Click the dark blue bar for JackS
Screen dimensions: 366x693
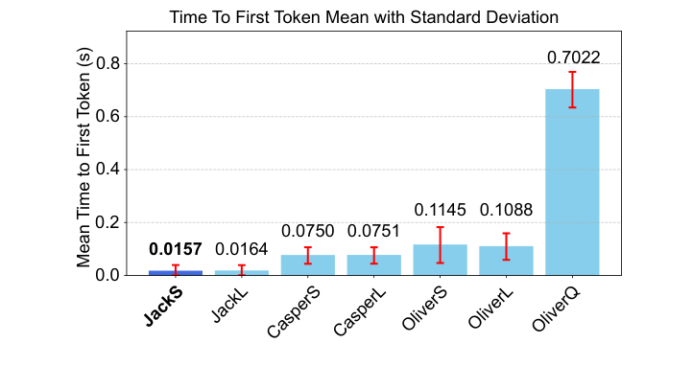176,272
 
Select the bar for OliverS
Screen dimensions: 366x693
441,260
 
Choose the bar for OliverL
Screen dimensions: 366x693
506,261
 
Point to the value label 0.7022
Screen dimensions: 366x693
573,58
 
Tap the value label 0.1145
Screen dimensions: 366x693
441,209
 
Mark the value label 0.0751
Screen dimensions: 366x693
374,230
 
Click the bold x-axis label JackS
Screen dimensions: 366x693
165,306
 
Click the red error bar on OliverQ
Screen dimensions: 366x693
572,89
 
